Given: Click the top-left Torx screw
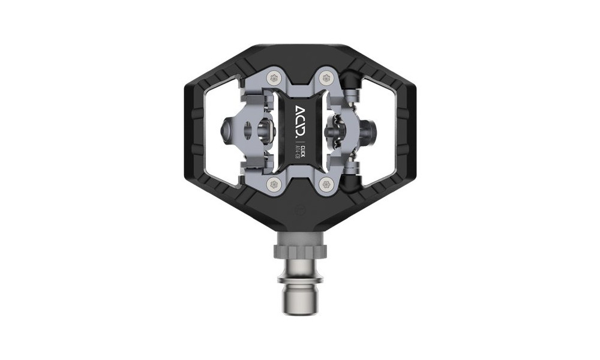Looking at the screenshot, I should point(274,77).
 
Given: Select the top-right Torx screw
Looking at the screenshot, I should point(325,77).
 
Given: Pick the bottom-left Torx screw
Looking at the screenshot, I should point(274,183).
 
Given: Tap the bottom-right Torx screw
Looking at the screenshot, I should point(325,183).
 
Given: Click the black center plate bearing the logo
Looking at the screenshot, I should point(299,129).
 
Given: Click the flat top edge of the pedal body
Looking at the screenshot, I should point(299,47).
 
